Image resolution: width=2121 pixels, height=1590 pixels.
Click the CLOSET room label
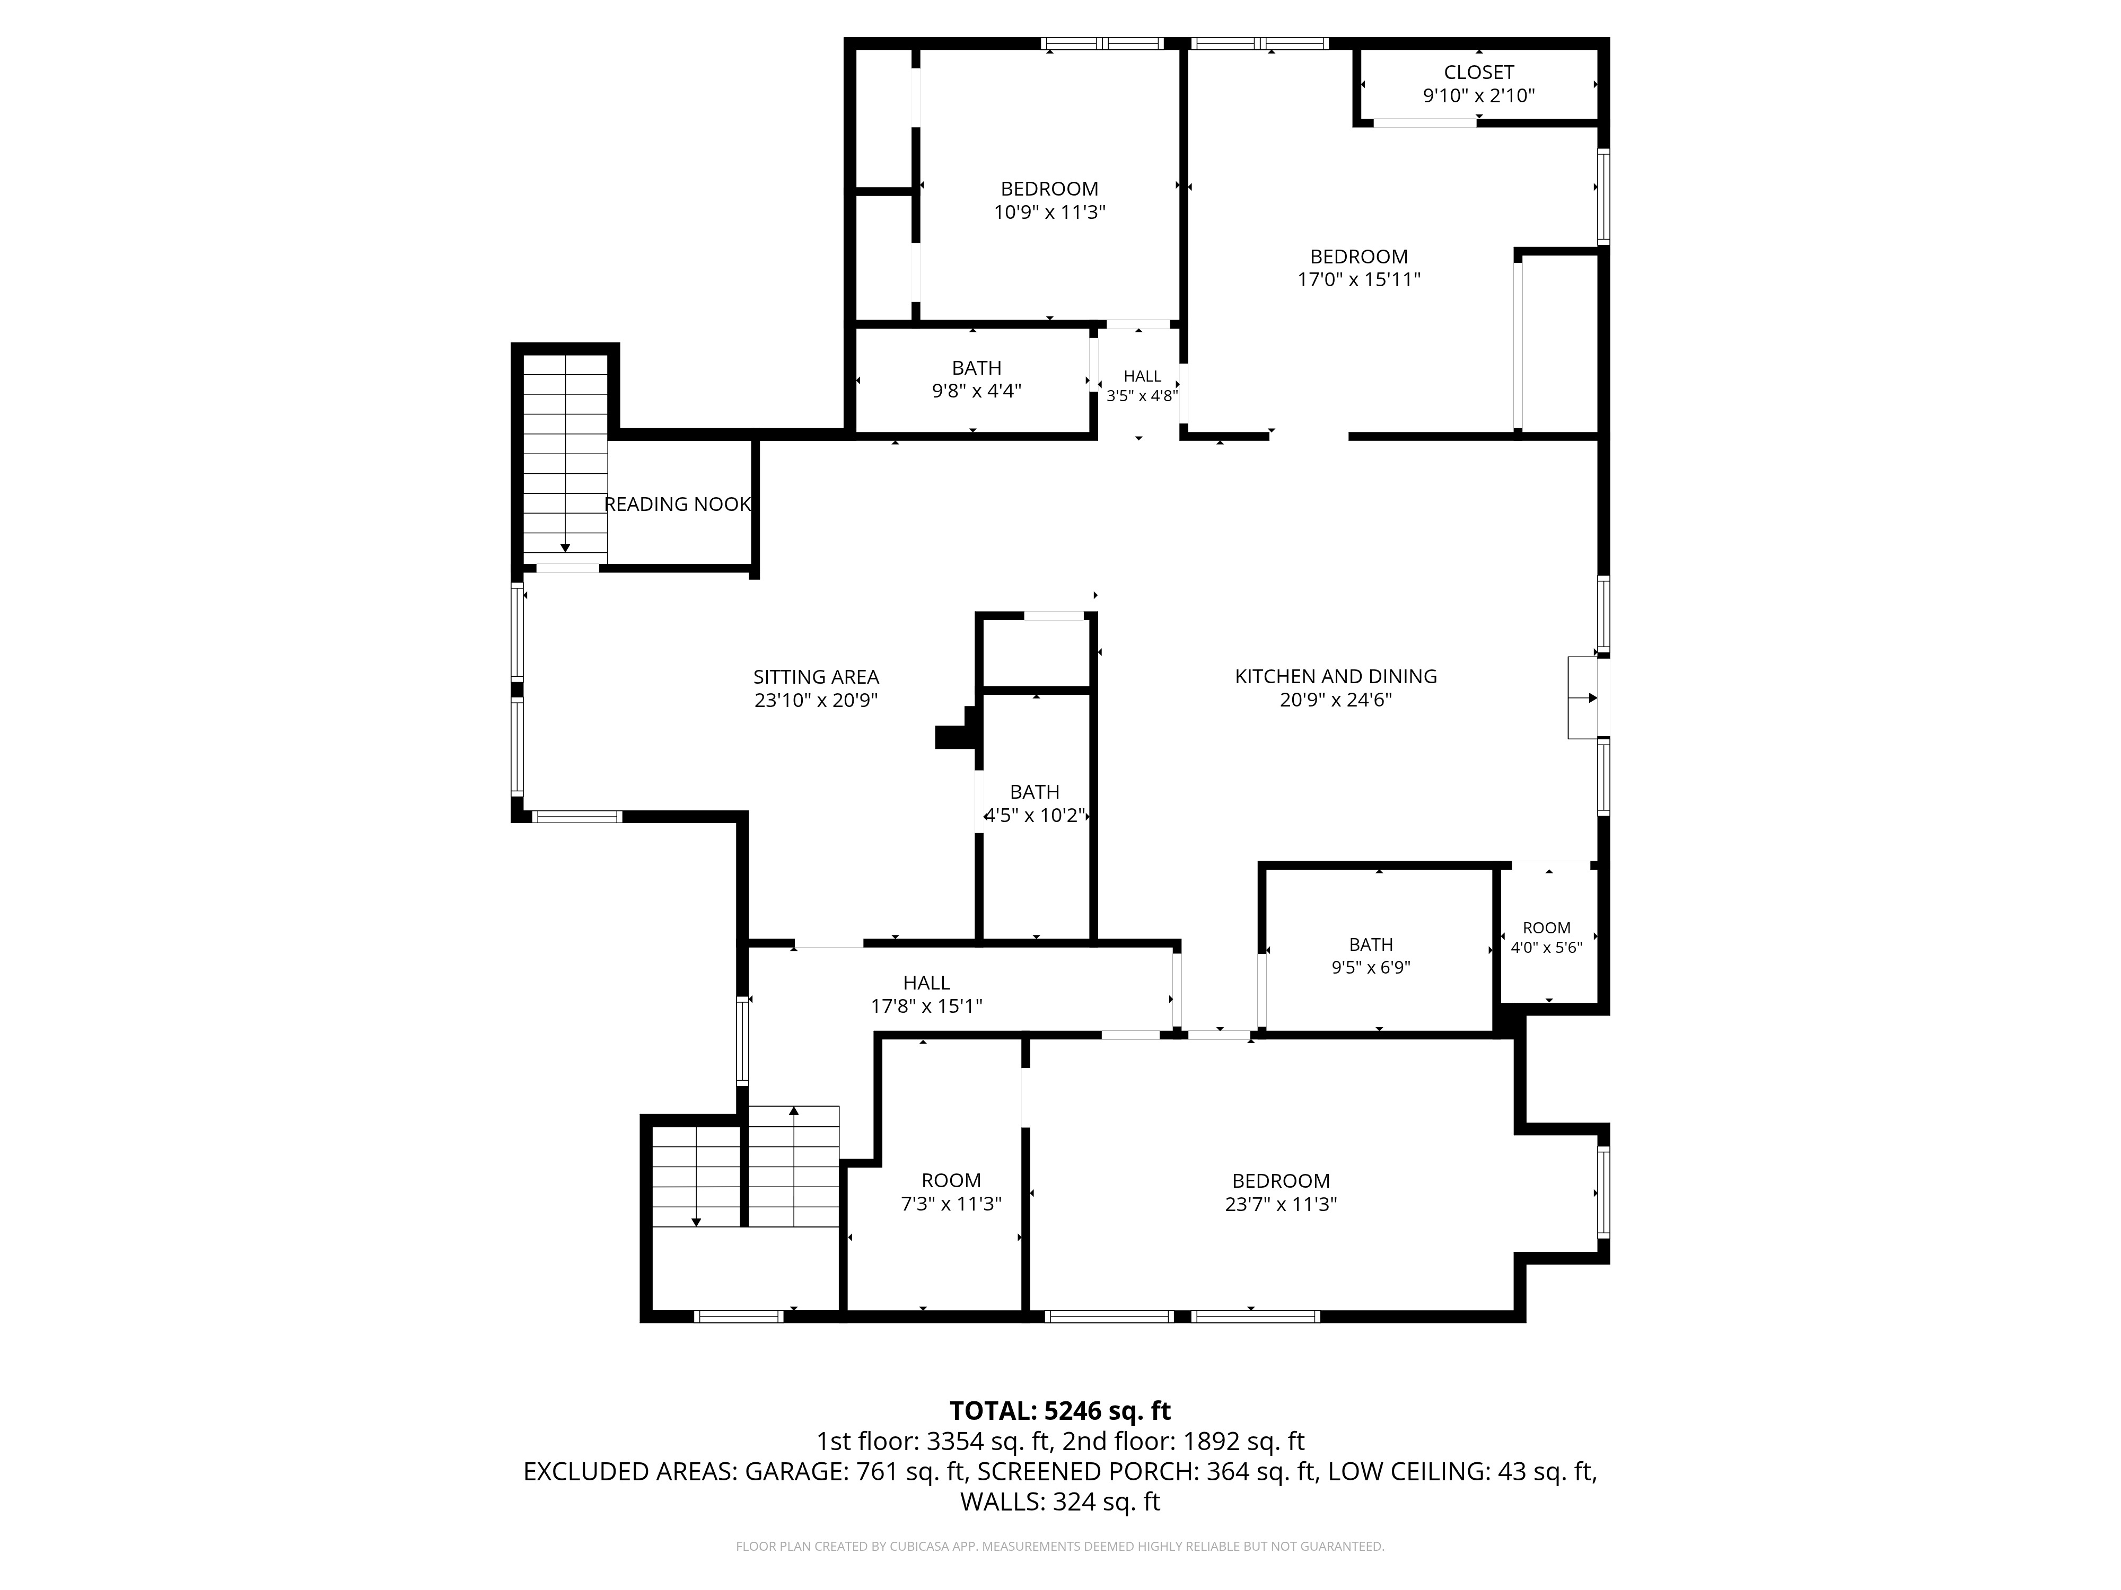1478,73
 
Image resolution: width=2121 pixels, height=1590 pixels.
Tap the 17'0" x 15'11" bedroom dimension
1359,280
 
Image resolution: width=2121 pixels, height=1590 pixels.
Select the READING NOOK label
677,504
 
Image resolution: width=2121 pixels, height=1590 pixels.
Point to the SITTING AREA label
816,677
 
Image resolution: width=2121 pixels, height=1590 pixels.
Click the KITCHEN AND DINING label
1336,677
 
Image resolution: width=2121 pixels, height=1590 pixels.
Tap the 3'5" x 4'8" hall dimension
1142,396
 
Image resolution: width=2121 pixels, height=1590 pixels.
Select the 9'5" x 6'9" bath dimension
1371,968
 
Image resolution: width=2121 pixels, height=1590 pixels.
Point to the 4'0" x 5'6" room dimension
1547,948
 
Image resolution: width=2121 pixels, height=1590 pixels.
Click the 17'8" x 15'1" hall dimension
926,1006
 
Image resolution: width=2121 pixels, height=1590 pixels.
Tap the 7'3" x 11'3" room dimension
951,1204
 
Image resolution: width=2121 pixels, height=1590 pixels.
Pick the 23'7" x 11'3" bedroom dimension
1281,1204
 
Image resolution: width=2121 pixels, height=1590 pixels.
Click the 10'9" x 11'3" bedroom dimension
1050,212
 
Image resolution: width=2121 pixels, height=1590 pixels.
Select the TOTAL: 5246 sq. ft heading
1060,1411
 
